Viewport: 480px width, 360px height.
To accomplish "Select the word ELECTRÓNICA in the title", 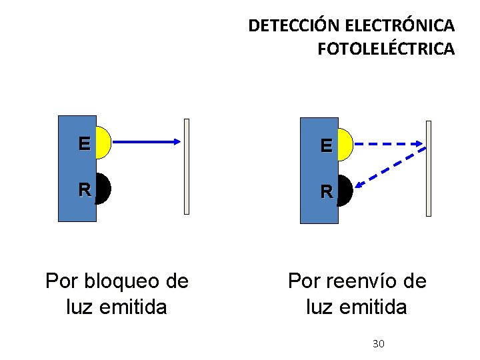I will click(400, 26).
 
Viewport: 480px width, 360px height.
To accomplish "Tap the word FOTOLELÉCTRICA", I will click(386, 49).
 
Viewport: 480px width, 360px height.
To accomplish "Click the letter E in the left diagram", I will click(84, 143).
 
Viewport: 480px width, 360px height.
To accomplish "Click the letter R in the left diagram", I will click(84, 189).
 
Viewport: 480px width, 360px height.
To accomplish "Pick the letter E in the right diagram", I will click(326, 145).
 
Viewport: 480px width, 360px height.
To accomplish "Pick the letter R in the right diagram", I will click(326, 191).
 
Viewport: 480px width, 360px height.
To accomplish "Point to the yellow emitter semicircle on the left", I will click(103, 142).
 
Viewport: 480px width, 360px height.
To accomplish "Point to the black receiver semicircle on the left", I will click(103, 189).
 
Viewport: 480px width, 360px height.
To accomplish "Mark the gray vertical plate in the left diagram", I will click(187, 167).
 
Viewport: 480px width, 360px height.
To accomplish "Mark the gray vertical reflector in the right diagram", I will click(429, 168).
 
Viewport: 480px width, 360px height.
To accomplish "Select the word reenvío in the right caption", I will click(355, 281).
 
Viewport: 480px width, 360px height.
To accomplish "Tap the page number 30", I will click(378, 344).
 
